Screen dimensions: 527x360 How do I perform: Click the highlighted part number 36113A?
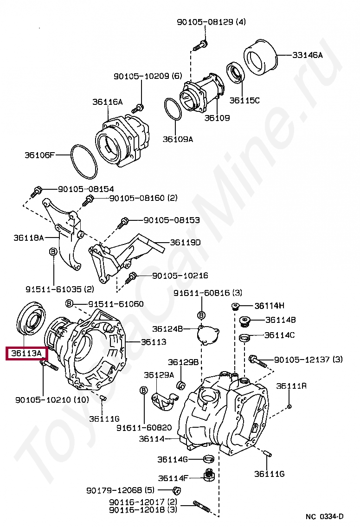pos(26,354)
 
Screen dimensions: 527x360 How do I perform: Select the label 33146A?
pos(307,55)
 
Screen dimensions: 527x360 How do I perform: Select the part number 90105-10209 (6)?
pos(148,76)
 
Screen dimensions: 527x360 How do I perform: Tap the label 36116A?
pos(107,102)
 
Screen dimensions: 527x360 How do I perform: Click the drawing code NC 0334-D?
pos(325,516)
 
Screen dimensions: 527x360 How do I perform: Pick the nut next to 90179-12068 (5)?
pos(176,490)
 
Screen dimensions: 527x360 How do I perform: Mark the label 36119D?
pos(185,243)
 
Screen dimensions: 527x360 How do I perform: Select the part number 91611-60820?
pos(144,427)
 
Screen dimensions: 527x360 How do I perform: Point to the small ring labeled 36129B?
pos(182,385)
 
